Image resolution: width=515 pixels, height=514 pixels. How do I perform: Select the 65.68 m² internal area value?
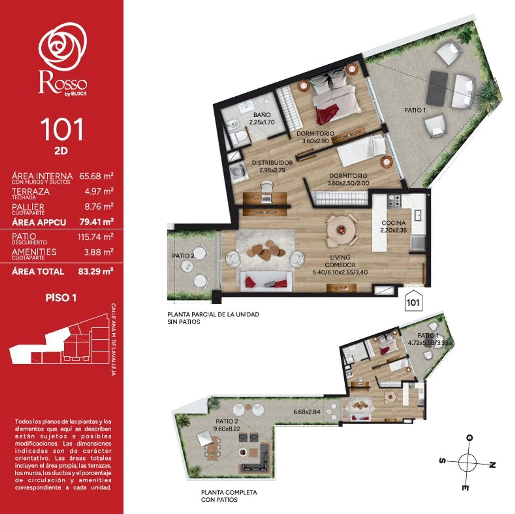(96, 176)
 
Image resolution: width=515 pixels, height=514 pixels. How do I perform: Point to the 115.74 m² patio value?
(95, 237)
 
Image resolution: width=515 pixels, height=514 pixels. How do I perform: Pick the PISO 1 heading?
(61, 298)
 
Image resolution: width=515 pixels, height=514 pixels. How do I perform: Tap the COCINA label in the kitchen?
(393, 223)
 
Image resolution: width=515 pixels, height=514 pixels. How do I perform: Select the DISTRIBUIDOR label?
(272, 163)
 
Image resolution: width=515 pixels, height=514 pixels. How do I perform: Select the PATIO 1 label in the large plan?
(415, 110)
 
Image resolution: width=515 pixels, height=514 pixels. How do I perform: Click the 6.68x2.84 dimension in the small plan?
(307, 412)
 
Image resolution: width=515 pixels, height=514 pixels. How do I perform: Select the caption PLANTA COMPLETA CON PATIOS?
(229, 496)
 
